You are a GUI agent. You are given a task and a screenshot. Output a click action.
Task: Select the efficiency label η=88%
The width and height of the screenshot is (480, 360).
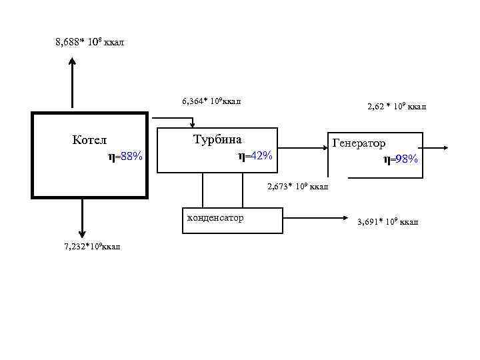[x=125, y=157]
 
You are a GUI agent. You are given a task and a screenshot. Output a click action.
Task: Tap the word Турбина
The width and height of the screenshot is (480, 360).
[x=217, y=140]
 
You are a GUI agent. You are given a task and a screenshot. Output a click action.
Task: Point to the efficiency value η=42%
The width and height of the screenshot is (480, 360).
[x=255, y=156]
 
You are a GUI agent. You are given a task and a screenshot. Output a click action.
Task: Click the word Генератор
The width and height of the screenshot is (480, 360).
[x=359, y=143]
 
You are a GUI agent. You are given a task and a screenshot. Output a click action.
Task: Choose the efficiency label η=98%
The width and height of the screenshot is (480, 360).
[x=401, y=159]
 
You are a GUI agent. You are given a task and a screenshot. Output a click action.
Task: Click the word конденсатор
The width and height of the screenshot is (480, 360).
[x=215, y=218]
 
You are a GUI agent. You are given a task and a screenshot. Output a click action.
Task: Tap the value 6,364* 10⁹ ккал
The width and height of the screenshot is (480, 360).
[x=211, y=102]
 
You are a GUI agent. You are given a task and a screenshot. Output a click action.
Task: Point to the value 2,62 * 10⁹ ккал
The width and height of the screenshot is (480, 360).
[x=397, y=106]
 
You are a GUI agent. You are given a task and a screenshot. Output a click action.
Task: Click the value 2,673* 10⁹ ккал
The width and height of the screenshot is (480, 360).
[x=298, y=187]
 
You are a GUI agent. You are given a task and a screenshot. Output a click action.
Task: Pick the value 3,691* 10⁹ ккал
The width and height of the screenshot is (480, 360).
[x=388, y=221]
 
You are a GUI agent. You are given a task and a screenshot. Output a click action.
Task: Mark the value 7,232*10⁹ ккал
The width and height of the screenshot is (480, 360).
[x=92, y=247]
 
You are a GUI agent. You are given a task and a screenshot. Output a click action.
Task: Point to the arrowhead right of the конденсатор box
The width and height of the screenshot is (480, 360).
[x=347, y=217]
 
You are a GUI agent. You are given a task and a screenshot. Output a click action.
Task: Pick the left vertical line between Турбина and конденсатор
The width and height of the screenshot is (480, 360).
[x=203, y=191]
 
